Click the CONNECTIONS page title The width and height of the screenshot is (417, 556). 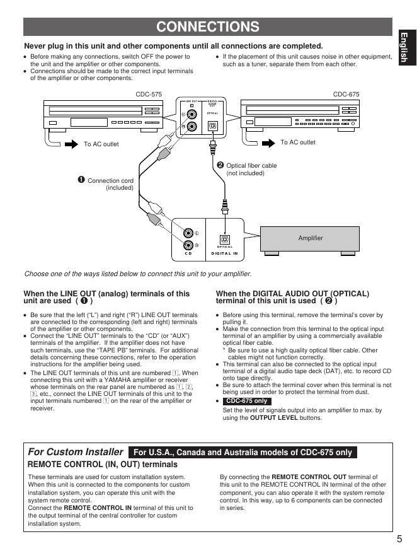point(208,26)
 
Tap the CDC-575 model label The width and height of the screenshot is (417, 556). point(149,94)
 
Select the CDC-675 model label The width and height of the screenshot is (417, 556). point(346,94)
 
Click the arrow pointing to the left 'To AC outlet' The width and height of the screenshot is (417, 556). point(70,144)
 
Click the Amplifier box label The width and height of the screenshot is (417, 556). point(310,238)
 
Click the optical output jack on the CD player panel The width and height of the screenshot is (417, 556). point(213,126)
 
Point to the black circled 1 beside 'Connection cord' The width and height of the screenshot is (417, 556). point(81,180)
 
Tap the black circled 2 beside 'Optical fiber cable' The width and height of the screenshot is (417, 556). point(220,165)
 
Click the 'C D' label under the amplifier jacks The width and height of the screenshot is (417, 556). point(188,253)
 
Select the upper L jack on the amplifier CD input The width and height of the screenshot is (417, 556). point(188,233)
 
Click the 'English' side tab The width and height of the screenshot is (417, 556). point(404,47)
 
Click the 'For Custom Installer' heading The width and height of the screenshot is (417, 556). point(76,452)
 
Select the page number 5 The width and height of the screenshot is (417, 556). point(399,538)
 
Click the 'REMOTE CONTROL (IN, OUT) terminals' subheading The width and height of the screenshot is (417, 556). point(103,464)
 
